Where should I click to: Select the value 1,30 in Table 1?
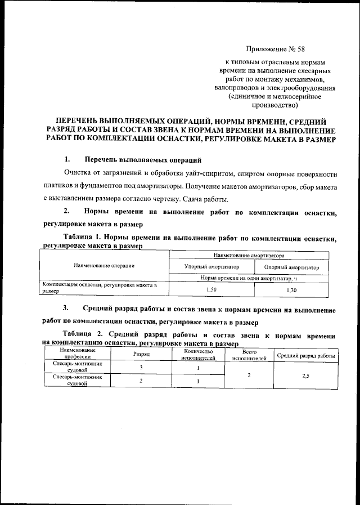(x=291, y=290)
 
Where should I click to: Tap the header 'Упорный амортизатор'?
(x=212, y=267)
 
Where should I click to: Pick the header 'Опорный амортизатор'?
(x=291, y=267)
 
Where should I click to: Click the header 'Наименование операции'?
(x=105, y=265)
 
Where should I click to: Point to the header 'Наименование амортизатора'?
(x=251, y=255)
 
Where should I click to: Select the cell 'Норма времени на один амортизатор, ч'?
(x=252, y=278)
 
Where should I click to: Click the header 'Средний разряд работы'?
(x=305, y=356)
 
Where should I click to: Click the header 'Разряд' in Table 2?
(x=141, y=355)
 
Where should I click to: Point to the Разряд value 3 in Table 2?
(x=141, y=368)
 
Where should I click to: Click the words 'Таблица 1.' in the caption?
(x=82, y=239)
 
